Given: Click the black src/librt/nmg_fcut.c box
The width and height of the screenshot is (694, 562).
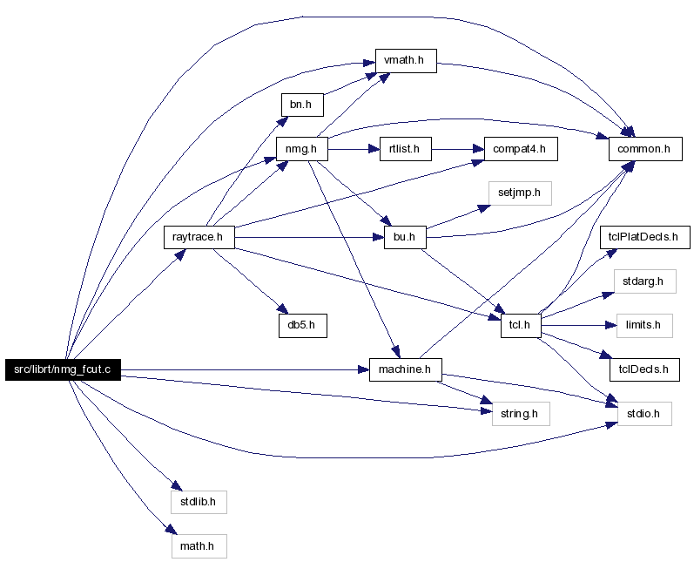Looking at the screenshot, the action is [63, 369].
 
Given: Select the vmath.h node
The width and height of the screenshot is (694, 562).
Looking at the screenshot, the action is [406, 61].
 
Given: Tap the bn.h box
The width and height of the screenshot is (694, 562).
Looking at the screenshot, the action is [302, 105].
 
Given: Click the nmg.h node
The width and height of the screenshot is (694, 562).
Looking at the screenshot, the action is [302, 149].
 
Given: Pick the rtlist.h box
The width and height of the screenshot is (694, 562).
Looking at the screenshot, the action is [406, 149].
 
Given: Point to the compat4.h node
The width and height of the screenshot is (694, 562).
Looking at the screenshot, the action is [521, 149].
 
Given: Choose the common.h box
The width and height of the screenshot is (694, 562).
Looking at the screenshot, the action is [645, 149].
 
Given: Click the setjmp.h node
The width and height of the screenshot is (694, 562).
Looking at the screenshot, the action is [520, 193].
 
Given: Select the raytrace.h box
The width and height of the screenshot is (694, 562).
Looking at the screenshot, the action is [199, 237].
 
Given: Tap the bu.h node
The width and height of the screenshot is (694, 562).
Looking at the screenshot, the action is [405, 237].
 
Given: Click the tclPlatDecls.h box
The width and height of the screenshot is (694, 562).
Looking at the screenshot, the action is [645, 237].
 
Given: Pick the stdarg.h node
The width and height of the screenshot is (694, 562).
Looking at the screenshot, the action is [645, 281].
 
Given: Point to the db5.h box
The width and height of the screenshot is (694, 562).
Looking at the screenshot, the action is [303, 326].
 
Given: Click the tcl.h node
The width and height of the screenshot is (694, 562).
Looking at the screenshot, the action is [521, 326].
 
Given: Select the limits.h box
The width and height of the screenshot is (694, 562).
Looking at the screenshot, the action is [644, 326].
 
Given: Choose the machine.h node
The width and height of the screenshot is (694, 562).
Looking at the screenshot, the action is [406, 369].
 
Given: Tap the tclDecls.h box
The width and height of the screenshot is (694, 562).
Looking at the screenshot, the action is [644, 369].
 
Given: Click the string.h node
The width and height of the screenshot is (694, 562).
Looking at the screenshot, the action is [521, 414].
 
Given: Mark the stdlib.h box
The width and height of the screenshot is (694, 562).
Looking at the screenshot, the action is [199, 502].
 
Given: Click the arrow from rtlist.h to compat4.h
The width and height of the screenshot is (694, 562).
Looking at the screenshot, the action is [458, 149].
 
